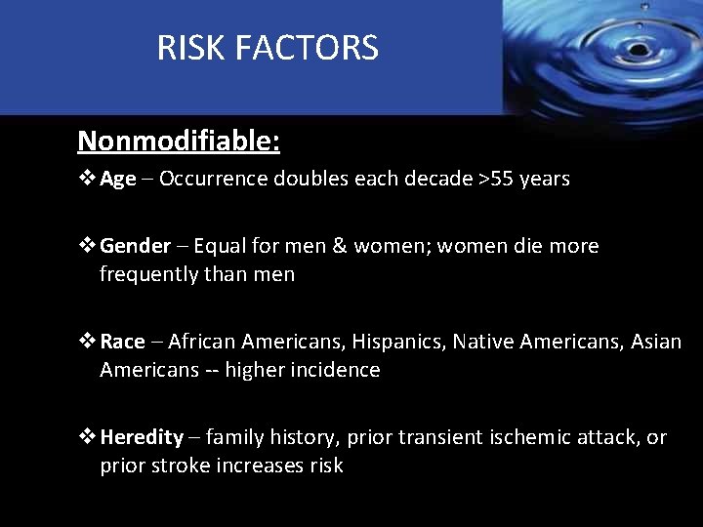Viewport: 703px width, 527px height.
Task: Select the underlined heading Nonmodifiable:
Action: point(179,142)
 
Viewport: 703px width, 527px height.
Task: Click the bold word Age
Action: point(117,179)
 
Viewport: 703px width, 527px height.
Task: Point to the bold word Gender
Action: point(135,246)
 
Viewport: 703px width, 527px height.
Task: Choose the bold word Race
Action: point(122,342)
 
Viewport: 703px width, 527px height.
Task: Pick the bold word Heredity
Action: point(142,437)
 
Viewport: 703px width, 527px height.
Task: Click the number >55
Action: point(490,179)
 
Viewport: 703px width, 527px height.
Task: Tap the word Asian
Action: point(656,342)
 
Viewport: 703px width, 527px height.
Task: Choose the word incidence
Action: point(337,370)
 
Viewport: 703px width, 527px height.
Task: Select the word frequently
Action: point(150,274)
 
